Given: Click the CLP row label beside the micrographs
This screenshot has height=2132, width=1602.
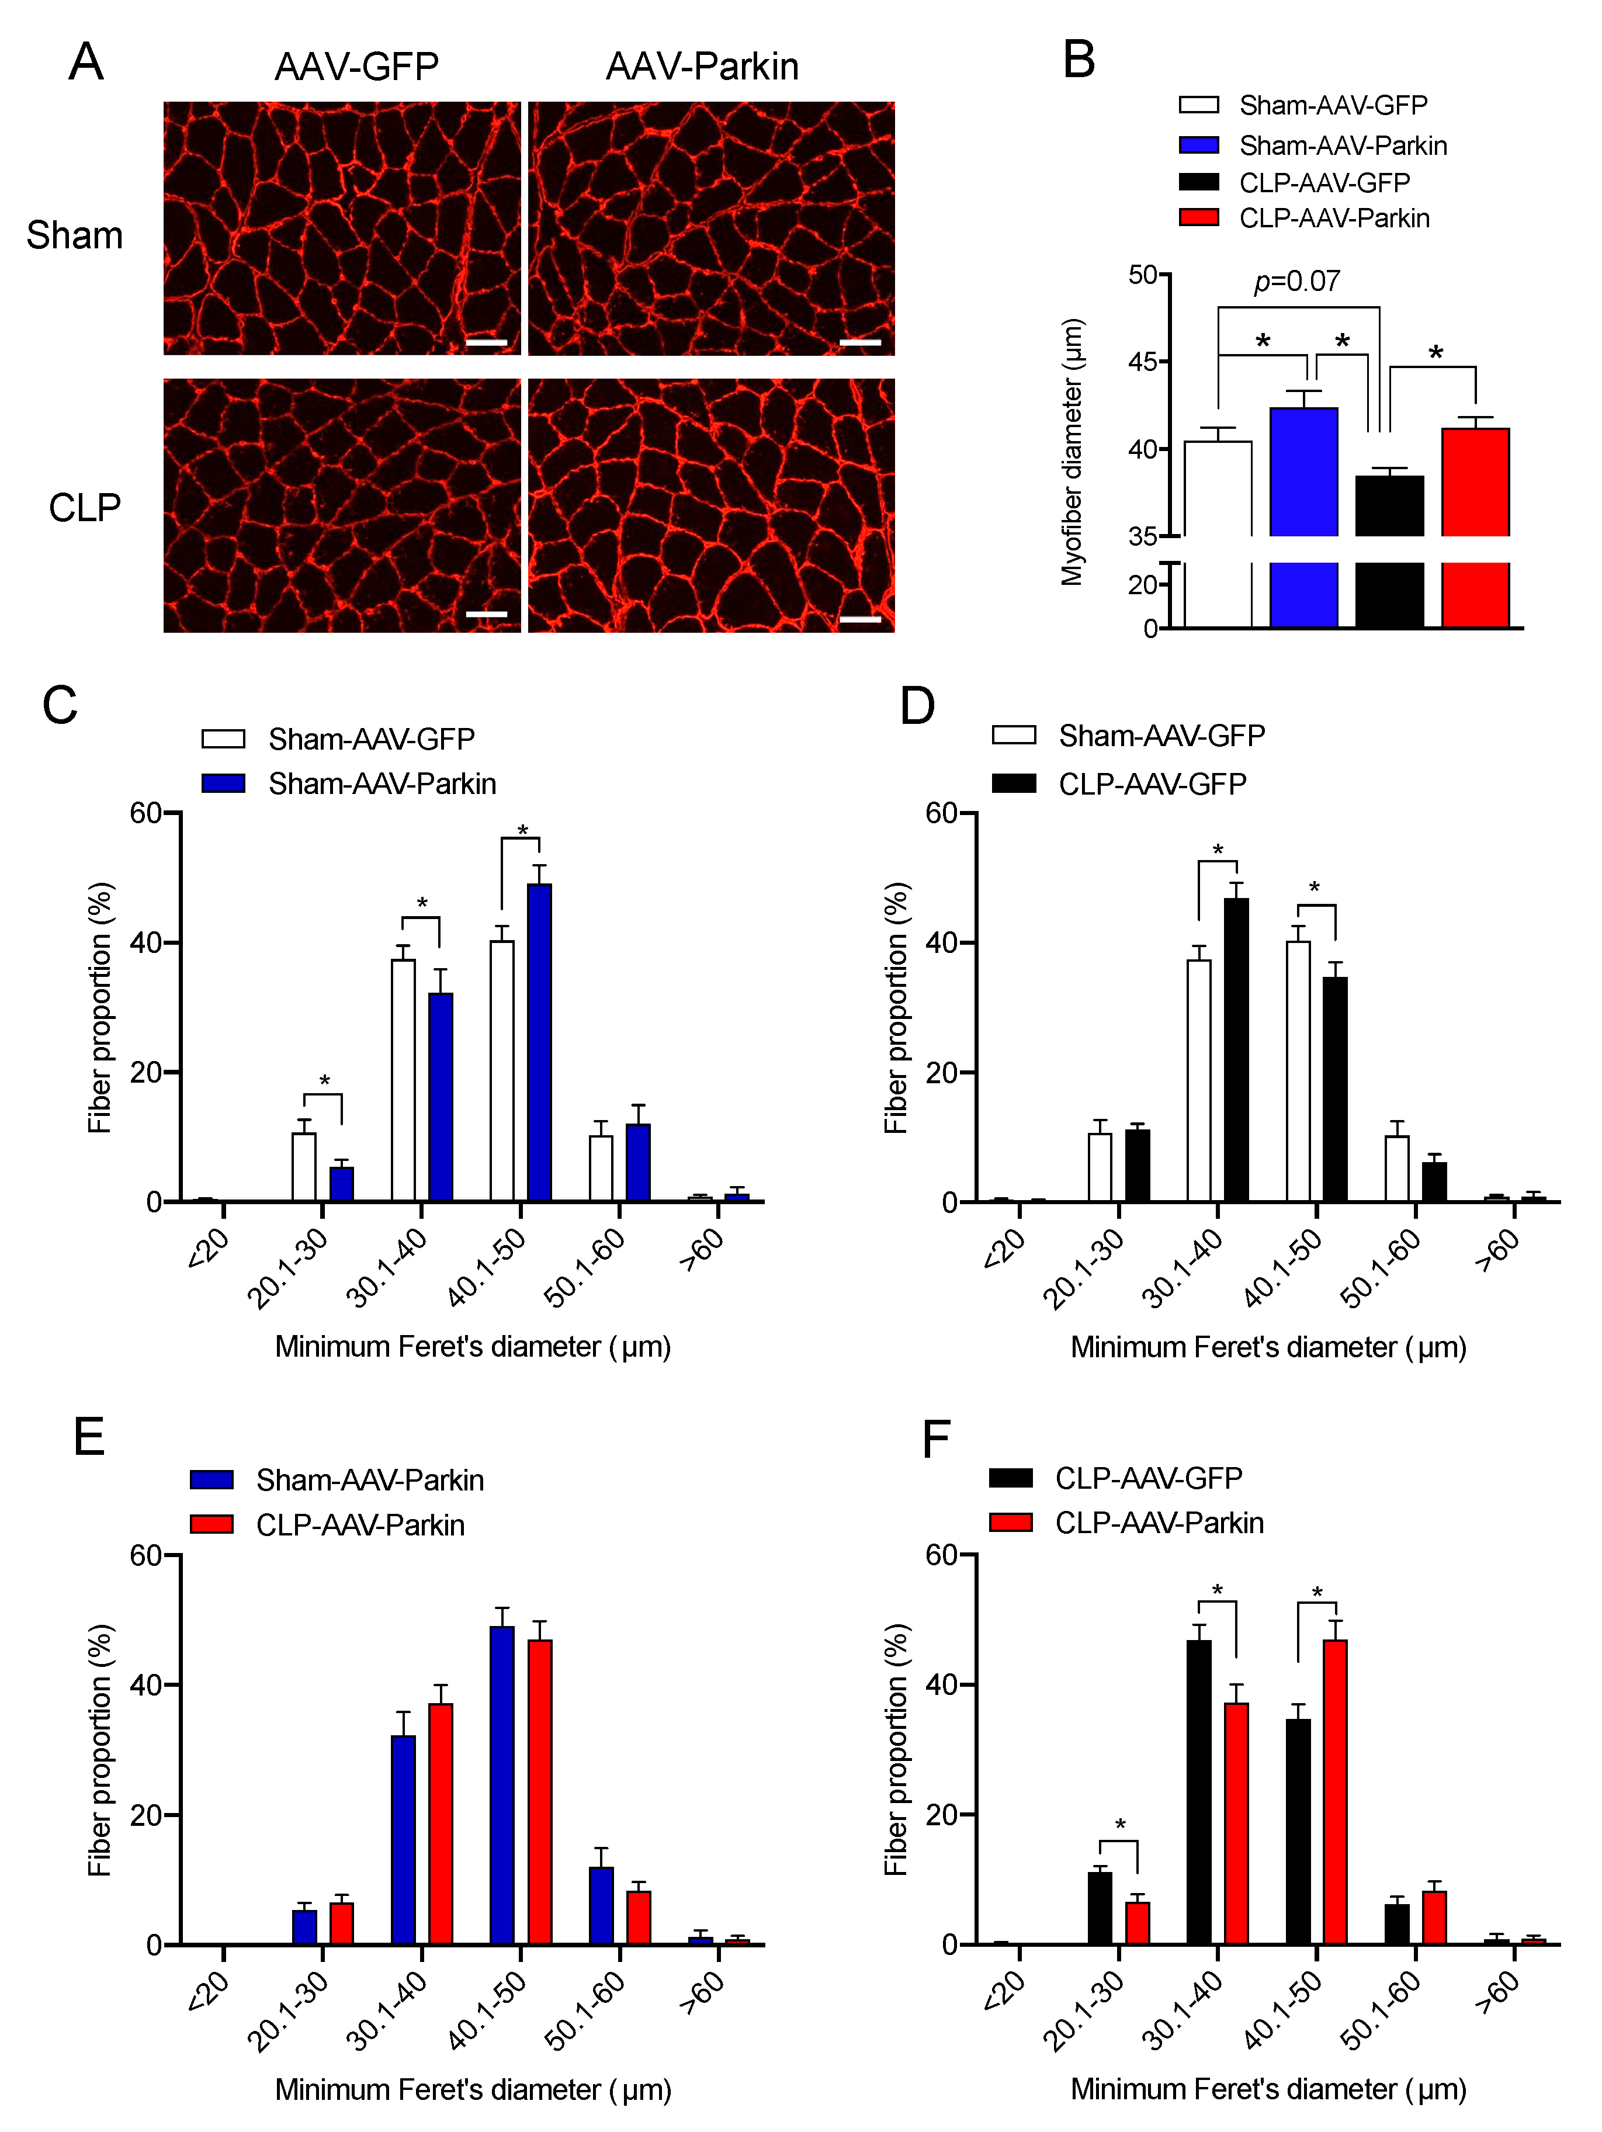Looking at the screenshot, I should pyautogui.click(x=85, y=508).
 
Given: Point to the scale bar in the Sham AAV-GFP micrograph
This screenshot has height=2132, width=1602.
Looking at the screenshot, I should pyautogui.click(x=486, y=342).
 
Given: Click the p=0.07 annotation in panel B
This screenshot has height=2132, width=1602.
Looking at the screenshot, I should pyautogui.click(x=1296, y=282).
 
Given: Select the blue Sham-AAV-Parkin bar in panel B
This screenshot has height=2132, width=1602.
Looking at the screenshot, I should pyautogui.click(x=1303, y=472).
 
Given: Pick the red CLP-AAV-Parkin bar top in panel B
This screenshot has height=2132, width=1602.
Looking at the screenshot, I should pyautogui.click(x=1475, y=431).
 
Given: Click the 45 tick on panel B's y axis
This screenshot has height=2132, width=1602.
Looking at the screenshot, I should pyautogui.click(x=1143, y=362).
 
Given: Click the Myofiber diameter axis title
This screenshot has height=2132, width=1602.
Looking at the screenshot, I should pyautogui.click(x=1072, y=451).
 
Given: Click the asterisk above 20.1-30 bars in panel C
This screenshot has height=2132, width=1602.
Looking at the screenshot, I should pyautogui.click(x=324, y=1081).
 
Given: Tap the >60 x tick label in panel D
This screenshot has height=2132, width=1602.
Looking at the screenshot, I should pyautogui.click(x=1497, y=1250).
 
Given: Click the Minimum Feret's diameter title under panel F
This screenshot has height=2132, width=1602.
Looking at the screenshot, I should pyautogui.click(x=1268, y=2089).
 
